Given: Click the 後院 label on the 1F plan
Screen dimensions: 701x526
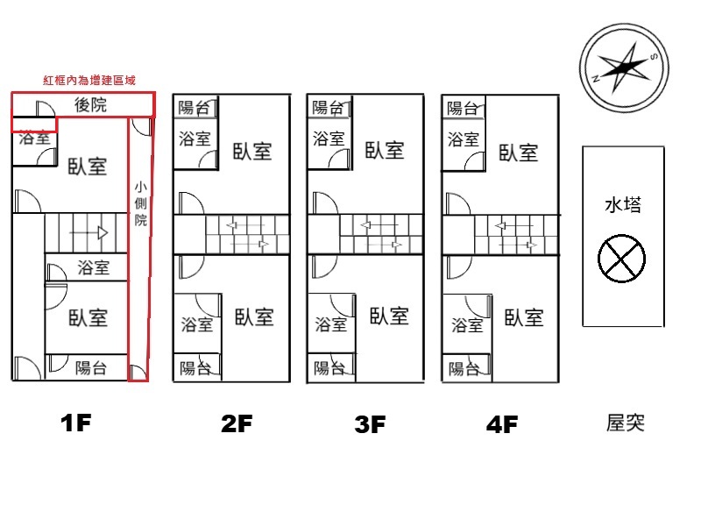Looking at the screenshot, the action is point(90,104).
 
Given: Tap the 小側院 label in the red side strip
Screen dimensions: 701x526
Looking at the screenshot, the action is point(141,203).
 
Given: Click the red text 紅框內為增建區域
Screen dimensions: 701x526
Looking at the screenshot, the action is point(89,80).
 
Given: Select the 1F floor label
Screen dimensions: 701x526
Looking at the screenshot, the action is point(76,423).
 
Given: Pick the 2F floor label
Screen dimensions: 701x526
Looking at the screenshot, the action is point(237,423).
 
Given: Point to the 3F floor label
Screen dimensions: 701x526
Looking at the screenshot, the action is point(370,424).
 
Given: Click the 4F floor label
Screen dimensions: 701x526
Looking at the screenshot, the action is point(502,424).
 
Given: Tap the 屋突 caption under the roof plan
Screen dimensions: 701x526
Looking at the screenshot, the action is point(625,423).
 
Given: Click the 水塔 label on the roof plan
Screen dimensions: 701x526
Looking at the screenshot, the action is point(623,205).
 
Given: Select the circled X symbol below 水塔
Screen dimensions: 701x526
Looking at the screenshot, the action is point(621,259).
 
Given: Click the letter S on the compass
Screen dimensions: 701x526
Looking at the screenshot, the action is point(653,57).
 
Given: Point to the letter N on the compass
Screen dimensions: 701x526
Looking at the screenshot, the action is point(595,79).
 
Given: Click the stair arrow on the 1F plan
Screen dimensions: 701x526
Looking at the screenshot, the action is point(89,233).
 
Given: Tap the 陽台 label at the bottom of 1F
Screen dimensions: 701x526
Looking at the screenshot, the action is point(91,368).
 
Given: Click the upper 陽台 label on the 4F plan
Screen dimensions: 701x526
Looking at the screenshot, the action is point(463,108).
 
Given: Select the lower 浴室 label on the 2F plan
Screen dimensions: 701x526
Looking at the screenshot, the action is point(196,324).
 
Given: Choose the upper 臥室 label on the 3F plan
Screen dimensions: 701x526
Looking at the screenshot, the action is point(385,150).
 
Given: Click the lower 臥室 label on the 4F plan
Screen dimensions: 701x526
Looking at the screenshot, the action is point(524,317).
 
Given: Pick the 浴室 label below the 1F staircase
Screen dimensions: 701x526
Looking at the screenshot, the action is point(94,267).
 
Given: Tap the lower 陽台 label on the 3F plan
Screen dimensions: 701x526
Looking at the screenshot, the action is point(329,368).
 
